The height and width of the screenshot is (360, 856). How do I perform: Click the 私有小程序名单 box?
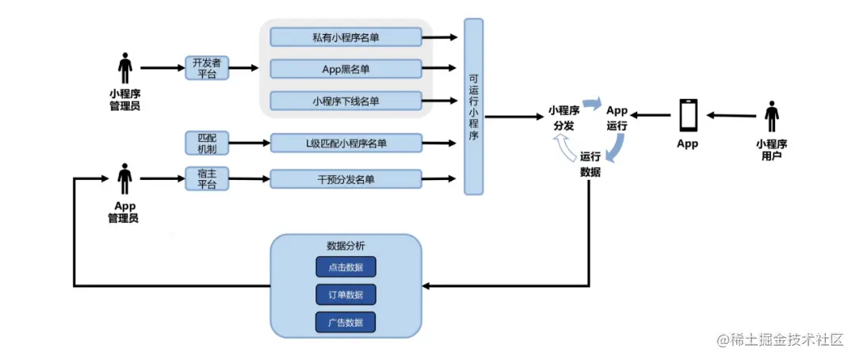click(346, 37)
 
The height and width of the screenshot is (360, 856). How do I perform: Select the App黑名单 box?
click(346, 69)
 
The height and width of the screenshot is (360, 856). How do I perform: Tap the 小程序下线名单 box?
click(346, 101)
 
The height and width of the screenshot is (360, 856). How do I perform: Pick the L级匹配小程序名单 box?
click(346, 143)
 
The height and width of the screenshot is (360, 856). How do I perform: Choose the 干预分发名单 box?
click(346, 179)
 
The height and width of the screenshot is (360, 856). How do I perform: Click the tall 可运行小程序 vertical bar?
click(473, 107)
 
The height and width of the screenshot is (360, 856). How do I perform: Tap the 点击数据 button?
click(346, 266)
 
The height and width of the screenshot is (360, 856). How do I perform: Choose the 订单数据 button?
click(346, 294)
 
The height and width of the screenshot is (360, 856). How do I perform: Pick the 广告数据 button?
click(346, 322)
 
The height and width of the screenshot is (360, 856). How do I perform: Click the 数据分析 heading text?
click(346, 245)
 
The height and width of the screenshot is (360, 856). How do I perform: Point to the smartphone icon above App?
click(687, 117)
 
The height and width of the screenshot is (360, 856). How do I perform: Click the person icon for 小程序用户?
click(771, 117)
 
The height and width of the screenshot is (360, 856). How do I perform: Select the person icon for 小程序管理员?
click(124, 68)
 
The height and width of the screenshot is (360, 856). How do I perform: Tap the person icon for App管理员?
click(124, 179)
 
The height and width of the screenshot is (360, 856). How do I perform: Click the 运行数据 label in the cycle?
click(590, 163)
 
